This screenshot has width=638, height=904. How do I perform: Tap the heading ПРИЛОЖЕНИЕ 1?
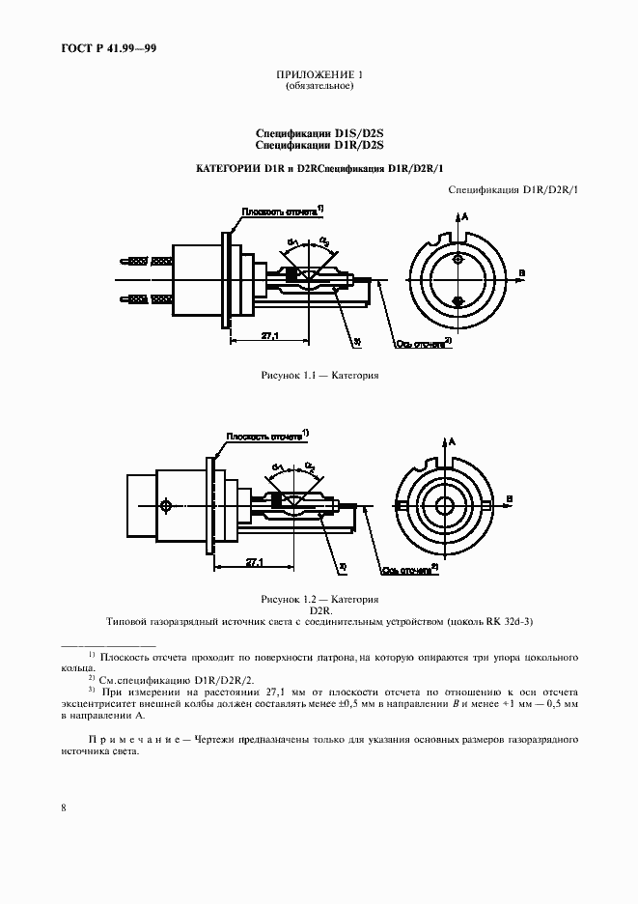click(x=319, y=75)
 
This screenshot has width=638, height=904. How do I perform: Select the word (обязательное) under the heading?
click(x=319, y=86)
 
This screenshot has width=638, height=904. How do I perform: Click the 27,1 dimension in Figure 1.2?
click(x=255, y=560)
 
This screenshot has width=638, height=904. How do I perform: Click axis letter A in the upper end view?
click(x=466, y=218)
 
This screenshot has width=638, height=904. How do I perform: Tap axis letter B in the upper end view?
click(x=522, y=275)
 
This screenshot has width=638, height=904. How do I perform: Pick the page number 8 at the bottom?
click(x=63, y=807)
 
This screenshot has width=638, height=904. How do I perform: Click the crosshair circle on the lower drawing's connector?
click(x=167, y=506)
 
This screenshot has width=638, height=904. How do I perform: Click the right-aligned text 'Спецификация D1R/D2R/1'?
click(x=513, y=190)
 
